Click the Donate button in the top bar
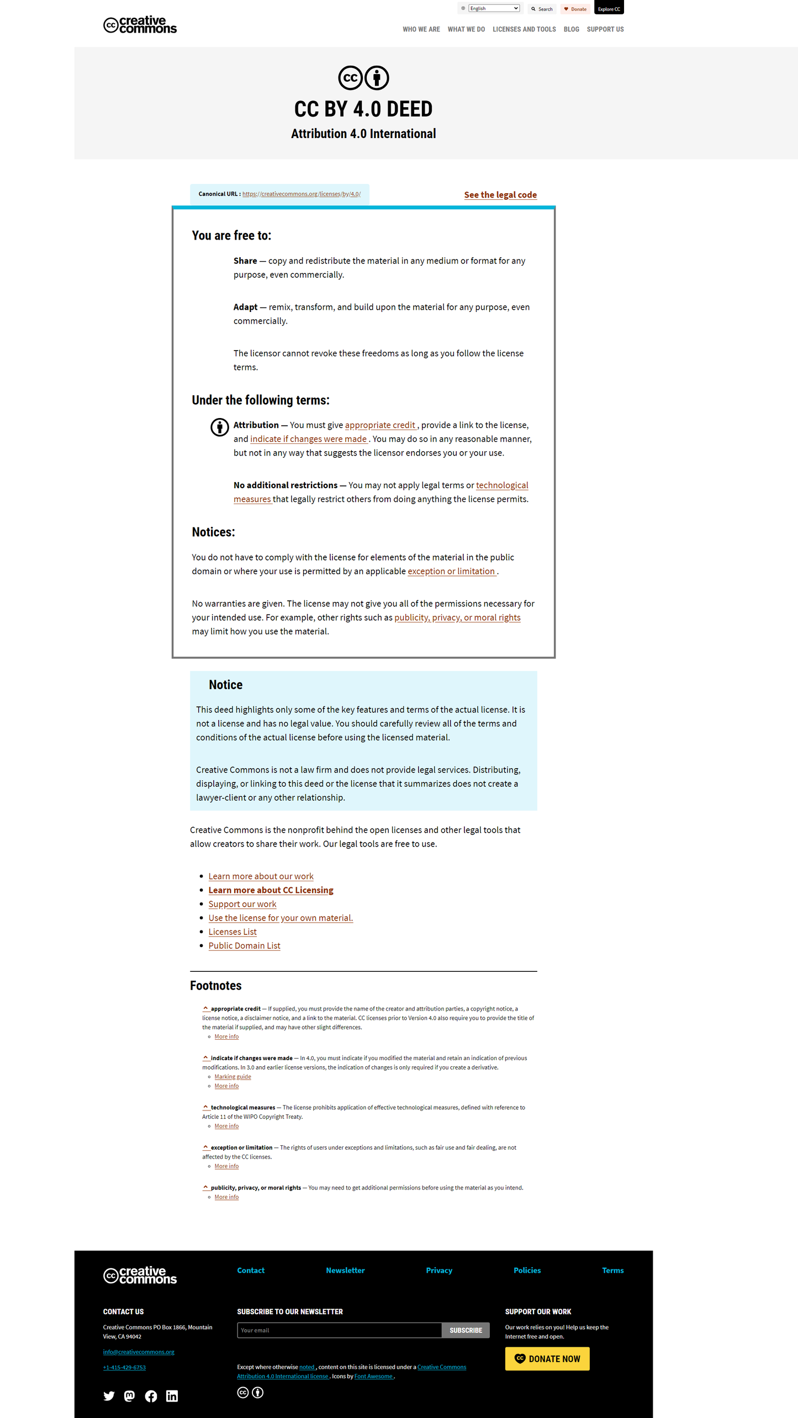tap(575, 9)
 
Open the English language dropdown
tap(494, 8)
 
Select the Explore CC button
tap(609, 9)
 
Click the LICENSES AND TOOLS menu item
tap(524, 29)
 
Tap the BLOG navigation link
tap(571, 29)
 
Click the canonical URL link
tap(301, 194)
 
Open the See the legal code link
tap(500, 195)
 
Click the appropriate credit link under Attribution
tap(380, 425)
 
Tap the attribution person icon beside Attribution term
tap(220, 427)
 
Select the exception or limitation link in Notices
tap(451, 572)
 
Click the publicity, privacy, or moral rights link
tap(457, 617)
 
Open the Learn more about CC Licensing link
tap(271, 890)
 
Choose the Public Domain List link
tap(244, 946)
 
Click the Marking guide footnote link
tap(232, 1077)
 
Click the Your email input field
tap(339, 1330)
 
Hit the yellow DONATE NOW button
tap(547, 1359)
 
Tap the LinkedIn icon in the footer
tap(172, 1396)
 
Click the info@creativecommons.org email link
tap(139, 1352)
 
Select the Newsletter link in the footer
tap(345, 1271)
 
